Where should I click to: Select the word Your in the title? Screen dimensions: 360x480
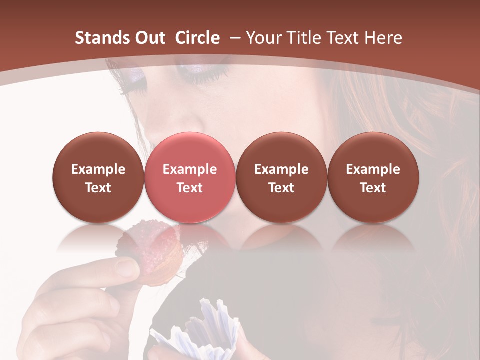pyautogui.click(x=262, y=38)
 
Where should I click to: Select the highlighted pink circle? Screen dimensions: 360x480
pyautogui.click(x=190, y=177)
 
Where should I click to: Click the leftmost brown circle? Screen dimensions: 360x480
pyautogui.click(x=98, y=177)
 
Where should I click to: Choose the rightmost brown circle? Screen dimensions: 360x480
pyautogui.click(x=373, y=177)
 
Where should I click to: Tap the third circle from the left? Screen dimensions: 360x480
pyautogui.click(x=281, y=177)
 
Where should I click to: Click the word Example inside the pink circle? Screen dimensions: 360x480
pyautogui.click(x=190, y=169)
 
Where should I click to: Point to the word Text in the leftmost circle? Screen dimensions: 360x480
pyautogui.click(x=98, y=188)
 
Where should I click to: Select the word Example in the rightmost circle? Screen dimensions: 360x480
pyautogui.click(x=373, y=169)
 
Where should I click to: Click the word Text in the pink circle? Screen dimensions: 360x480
pyautogui.click(x=190, y=188)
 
